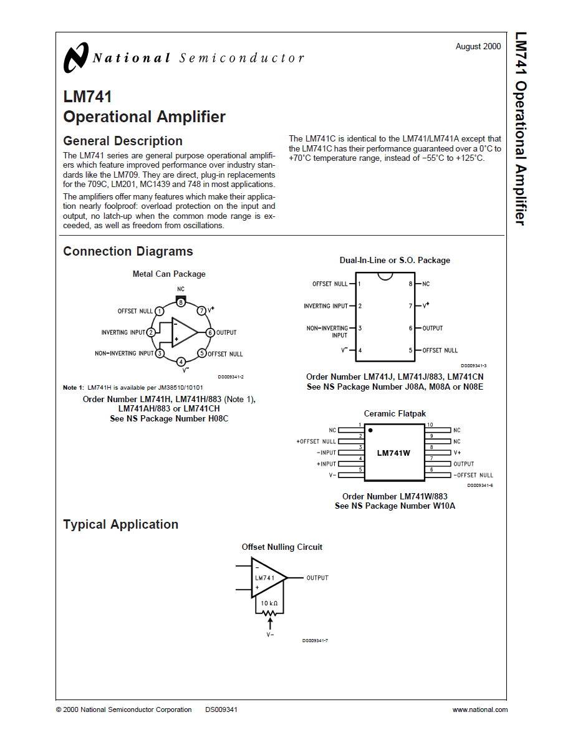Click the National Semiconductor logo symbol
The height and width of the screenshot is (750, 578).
[x=76, y=58]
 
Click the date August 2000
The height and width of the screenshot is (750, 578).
[x=478, y=47]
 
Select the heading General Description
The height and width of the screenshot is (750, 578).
[x=123, y=141]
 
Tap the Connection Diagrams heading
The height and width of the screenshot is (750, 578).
[x=128, y=251]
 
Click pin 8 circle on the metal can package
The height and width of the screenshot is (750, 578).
[x=181, y=302]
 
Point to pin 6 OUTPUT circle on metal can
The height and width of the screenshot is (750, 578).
[x=210, y=332]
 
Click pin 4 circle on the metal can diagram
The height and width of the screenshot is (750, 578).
[x=181, y=362]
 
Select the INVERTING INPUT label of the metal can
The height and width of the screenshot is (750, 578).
[x=123, y=332]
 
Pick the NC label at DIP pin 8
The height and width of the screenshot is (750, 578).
[x=426, y=284]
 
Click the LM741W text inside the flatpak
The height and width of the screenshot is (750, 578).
[x=393, y=453]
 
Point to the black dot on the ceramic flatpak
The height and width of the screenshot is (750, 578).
[x=370, y=430]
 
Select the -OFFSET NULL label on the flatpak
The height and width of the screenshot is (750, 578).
[x=473, y=475]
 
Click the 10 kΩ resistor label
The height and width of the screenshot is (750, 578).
[x=269, y=603]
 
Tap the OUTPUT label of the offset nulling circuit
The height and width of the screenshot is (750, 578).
[x=317, y=578]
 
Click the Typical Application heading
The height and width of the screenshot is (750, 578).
[x=120, y=524]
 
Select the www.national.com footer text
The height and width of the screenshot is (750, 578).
[x=479, y=709]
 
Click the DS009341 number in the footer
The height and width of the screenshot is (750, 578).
[x=221, y=709]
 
